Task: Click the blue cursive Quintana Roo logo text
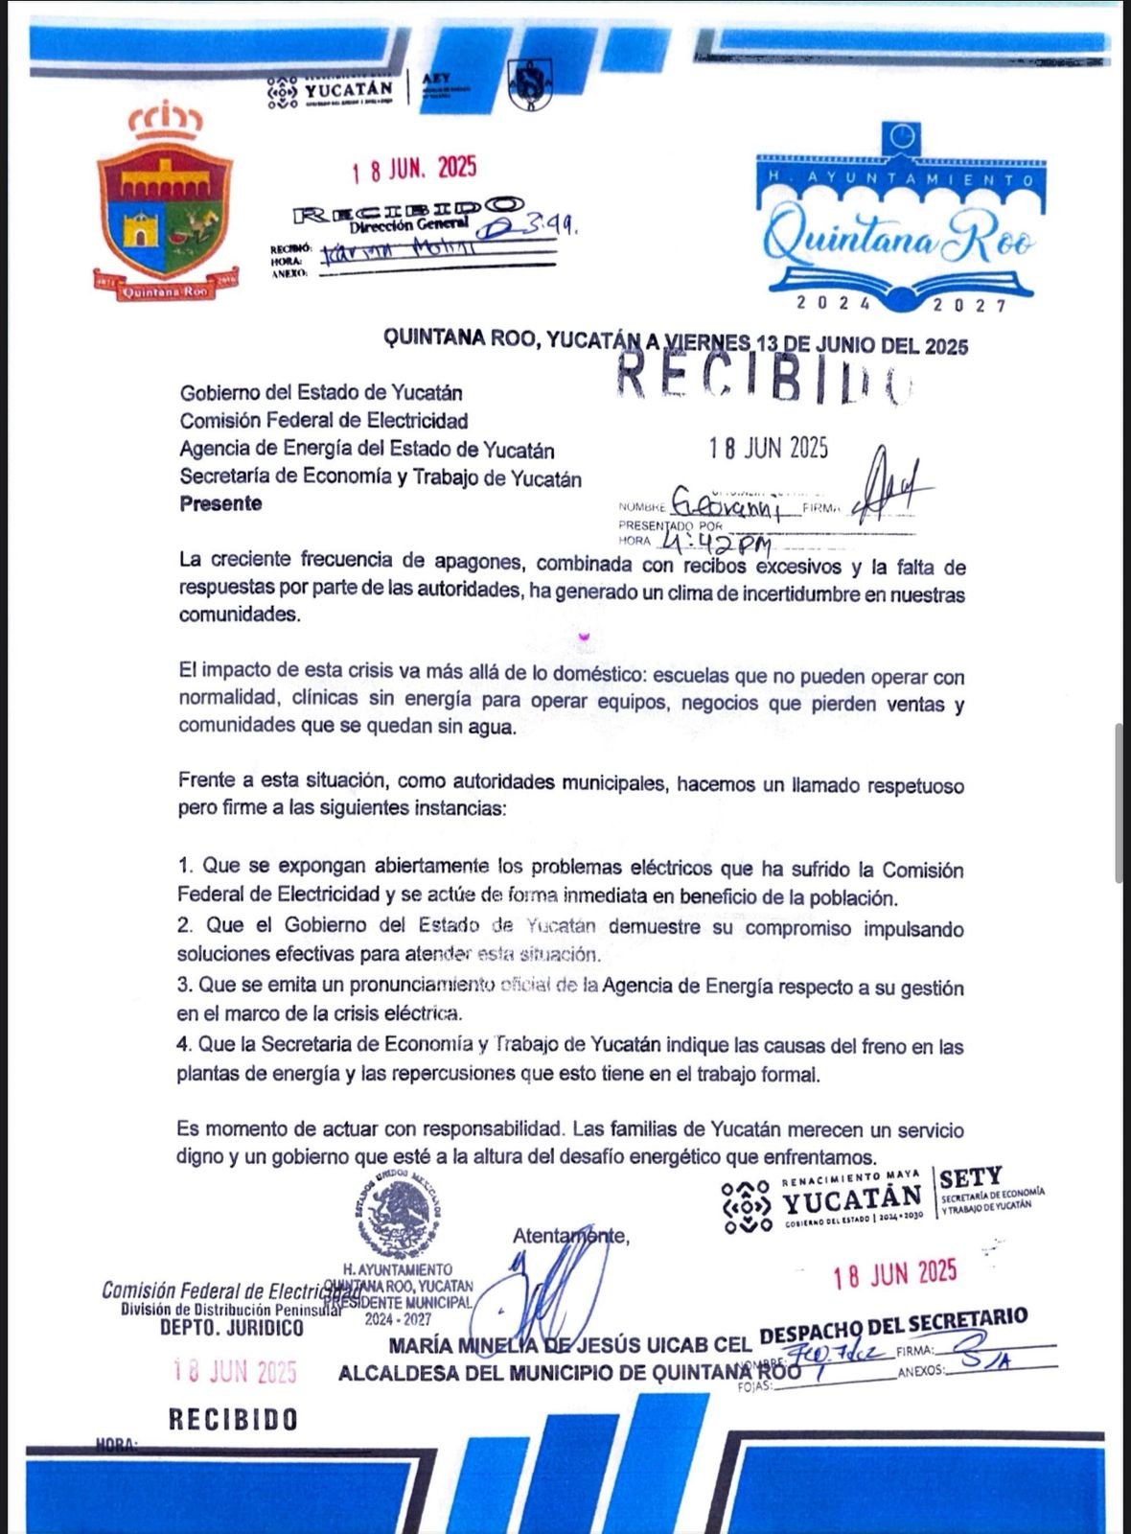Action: (x=898, y=239)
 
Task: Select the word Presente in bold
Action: (x=220, y=504)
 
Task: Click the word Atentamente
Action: (x=570, y=1236)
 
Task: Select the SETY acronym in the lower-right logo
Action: (x=970, y=1177)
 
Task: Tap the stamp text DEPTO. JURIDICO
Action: (x=231, y=1328)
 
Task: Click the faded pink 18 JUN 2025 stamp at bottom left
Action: (x=235, y=1372)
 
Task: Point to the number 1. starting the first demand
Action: (x=186, y=866)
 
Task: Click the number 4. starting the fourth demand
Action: (x=184, y=1045)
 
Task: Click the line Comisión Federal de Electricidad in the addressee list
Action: (x=324, y=420)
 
